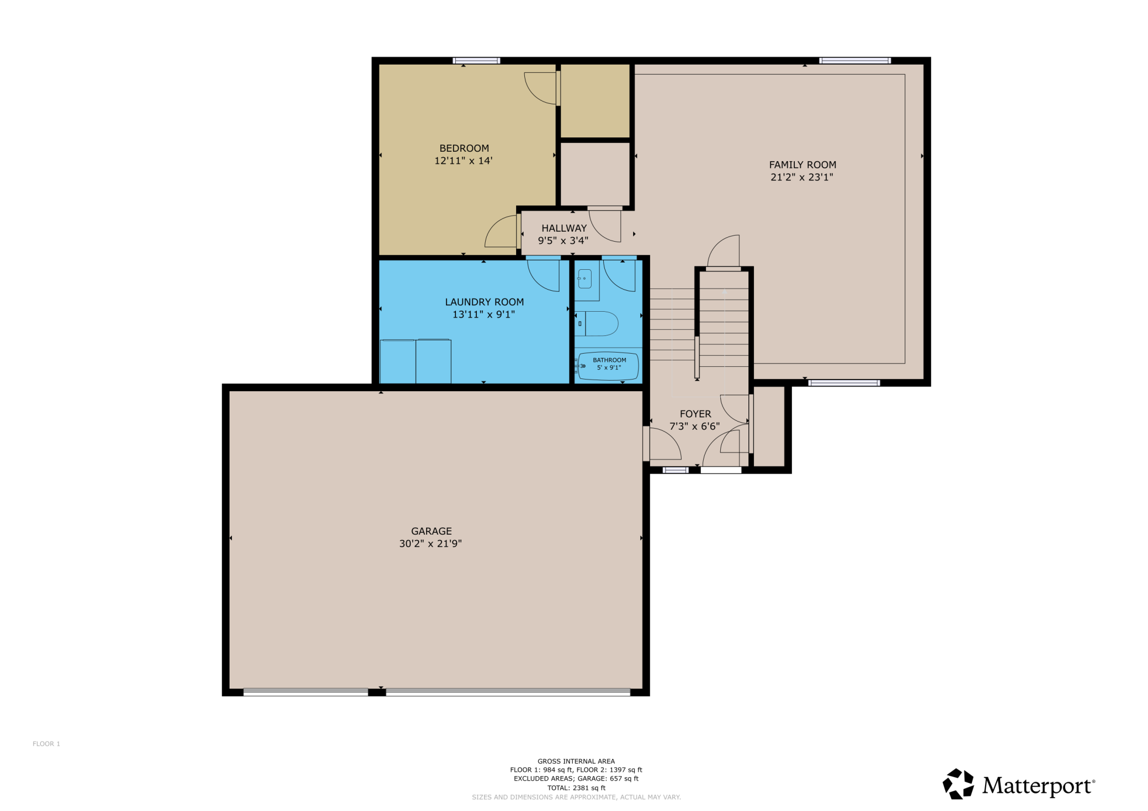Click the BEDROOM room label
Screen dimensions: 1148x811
[464, 148]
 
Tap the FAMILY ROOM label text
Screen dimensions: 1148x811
[802, 165]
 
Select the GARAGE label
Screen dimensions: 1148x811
[432, 531]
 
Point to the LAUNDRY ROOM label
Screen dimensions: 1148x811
[485, 302]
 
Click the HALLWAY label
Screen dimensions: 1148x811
[564, 228]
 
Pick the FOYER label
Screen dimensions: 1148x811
[695, 414]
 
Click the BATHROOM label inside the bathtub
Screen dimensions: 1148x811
[609, 360]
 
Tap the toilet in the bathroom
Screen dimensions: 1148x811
[597, 324]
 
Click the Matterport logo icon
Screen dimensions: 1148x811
[958, 784]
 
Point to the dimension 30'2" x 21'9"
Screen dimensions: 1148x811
[431, 544]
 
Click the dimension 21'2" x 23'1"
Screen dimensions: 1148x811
[802, 178]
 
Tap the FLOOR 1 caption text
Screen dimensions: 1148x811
[46, 744]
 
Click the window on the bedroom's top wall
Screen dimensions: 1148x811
[476, 61]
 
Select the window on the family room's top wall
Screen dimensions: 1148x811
[855, 61]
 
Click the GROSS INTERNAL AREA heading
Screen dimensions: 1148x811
[576, 761]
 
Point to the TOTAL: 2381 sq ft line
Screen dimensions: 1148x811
[576, 788]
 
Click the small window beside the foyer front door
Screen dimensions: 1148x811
[676, 470]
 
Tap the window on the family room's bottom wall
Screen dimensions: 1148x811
[844, 383]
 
